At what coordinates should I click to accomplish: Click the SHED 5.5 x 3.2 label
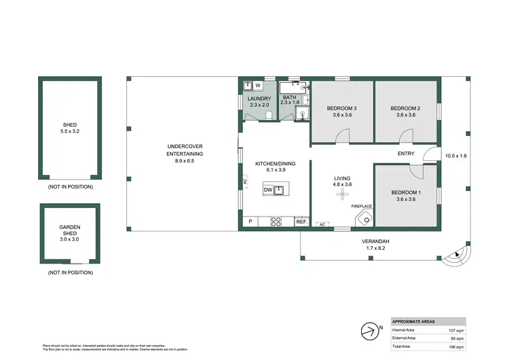pyautogui.click(x=70, y=129)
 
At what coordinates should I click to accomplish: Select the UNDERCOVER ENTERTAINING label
pyautogui.click(x=185, y=154)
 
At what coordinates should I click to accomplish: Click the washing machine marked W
pyautogui.click(x=259, y=86)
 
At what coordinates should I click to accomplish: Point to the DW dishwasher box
pyautogui.click(x=269, y=190)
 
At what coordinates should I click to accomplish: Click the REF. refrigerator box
pyautogui.click(x=302, y=221)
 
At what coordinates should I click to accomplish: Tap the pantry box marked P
pyautogui.click(x=250, y=221)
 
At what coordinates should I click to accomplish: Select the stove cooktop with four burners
pyautogui.click(x=276, y=221)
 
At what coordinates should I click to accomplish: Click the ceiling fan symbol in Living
pyautogui.click(x=341, y=194)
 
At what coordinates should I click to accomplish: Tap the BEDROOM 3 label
pyautogui.click(x=341, y=111)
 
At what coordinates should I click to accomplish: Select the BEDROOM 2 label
pyautogui.click(x=406, y=111)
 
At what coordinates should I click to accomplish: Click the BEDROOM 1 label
pyautogui.click(x=406, y=196)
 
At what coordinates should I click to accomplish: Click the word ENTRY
pyautogui.click(x=406, y=154)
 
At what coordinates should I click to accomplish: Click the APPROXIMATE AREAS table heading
pyautogui.click(x=414, y=321)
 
